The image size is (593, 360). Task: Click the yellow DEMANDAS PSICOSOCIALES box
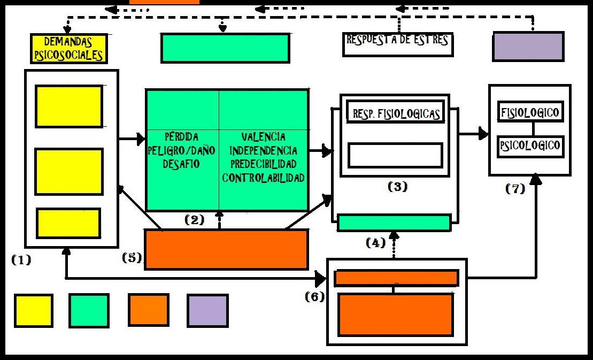pos(68,48)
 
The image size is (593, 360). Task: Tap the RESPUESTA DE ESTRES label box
pos(397,44)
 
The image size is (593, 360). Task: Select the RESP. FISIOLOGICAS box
pos(396,113)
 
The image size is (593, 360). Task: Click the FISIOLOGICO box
pos(530,112)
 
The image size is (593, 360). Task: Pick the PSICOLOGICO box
pos(530,145)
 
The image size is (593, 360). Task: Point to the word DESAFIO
pos(181,164)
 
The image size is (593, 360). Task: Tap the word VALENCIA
pos(263,137)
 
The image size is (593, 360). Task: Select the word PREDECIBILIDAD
pos(263,164)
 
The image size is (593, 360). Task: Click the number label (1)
pos(21,261)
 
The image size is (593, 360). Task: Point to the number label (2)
pos(194,219)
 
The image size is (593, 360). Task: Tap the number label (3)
pos(397,187)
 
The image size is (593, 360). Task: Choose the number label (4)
pos(375,243)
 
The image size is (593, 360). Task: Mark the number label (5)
pos(132,257)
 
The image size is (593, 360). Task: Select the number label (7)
pos(515,189)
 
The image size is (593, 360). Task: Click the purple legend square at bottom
pos(207,311)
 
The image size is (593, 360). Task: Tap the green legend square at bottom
pos(89,311)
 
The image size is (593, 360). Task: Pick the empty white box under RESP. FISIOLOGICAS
pos(395,155)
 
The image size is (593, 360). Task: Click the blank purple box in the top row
pos(528,47)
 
